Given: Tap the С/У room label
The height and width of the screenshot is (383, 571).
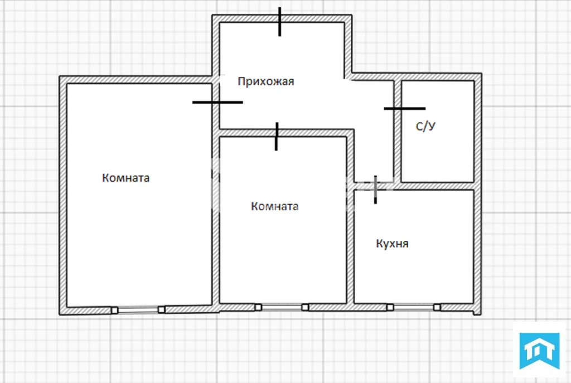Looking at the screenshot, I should [x=425, y=127].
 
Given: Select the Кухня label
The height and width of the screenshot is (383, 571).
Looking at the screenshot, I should [x=392, y=244].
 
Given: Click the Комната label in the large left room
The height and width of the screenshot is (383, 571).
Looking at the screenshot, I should [x=126, y=178].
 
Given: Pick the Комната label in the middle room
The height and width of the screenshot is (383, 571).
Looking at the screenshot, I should [x=275, y=206].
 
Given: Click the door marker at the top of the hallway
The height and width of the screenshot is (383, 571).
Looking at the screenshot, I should [x=280, y=22].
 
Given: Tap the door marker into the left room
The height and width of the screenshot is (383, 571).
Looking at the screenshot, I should [x=217, y=102].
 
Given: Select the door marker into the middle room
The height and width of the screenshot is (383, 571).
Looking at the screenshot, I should [x=277, y=137].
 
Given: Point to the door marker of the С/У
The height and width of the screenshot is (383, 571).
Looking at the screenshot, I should [x=404, y=108].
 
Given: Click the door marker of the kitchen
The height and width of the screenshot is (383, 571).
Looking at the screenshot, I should [x=376, y=188].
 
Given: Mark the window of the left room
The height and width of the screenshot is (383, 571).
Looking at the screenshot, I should [x=138, y=309].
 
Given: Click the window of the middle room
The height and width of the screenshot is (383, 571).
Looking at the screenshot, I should [x=282, y=307].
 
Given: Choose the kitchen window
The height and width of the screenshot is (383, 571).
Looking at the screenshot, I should [x=413, y=307].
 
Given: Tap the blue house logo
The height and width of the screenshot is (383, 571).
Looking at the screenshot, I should [x=539, y=351].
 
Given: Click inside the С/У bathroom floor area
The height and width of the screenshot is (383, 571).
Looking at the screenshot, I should [x=438, y=151].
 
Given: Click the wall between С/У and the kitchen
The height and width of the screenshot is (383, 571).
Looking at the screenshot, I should [x=438, y=186].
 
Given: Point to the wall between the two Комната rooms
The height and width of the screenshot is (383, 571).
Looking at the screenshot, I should [x=215, y=223].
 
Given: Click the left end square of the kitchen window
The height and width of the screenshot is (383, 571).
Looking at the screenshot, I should [x=390, y=307].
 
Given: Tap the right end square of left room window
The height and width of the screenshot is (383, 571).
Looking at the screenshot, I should [x=162, y=309].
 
